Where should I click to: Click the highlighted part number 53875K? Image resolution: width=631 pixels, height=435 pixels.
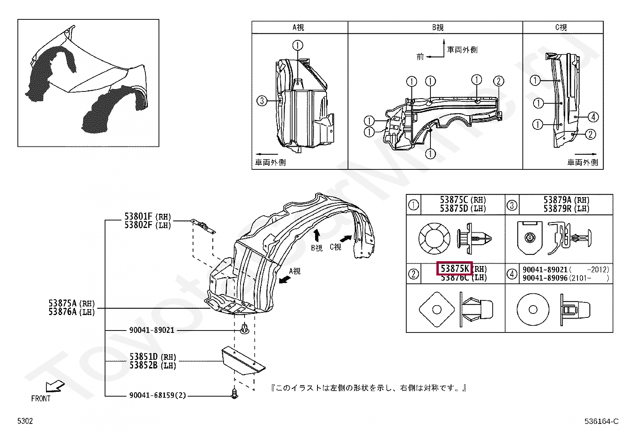pos(455,269)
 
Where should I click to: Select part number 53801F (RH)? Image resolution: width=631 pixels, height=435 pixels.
pos(147,217)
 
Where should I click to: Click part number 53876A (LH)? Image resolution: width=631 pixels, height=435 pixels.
pos(72,312)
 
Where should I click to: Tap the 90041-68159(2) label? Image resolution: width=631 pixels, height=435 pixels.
pos(157,395)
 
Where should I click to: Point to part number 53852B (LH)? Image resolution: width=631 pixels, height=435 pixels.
pos(153,365)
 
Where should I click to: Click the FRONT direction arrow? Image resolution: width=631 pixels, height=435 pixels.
pos(55,387)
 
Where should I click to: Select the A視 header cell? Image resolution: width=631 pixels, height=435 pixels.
pos(300,27)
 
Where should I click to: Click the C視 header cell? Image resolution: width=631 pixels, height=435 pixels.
pos(562,27)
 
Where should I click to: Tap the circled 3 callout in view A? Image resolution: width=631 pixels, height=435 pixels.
pos(262,101)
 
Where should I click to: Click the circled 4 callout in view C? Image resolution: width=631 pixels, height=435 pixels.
pos(593,117)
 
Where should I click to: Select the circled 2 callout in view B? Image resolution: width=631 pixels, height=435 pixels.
pos(499,81)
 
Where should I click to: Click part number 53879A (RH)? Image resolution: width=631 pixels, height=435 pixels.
pos(566,200)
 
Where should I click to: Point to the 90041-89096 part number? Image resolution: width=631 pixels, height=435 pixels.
pos(545,278)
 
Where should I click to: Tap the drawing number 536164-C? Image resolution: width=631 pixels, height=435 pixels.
pos(601,421)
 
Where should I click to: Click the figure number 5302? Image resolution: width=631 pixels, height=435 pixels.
pos(25,421)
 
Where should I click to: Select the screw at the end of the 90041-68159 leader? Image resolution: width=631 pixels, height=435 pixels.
pos(234,393)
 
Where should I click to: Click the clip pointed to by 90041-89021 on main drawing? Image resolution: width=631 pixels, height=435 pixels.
pos(245,329)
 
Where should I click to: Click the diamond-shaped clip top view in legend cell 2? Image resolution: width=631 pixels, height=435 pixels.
pos(436,310)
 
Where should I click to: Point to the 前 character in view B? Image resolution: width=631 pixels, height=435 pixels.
pos(420,57)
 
